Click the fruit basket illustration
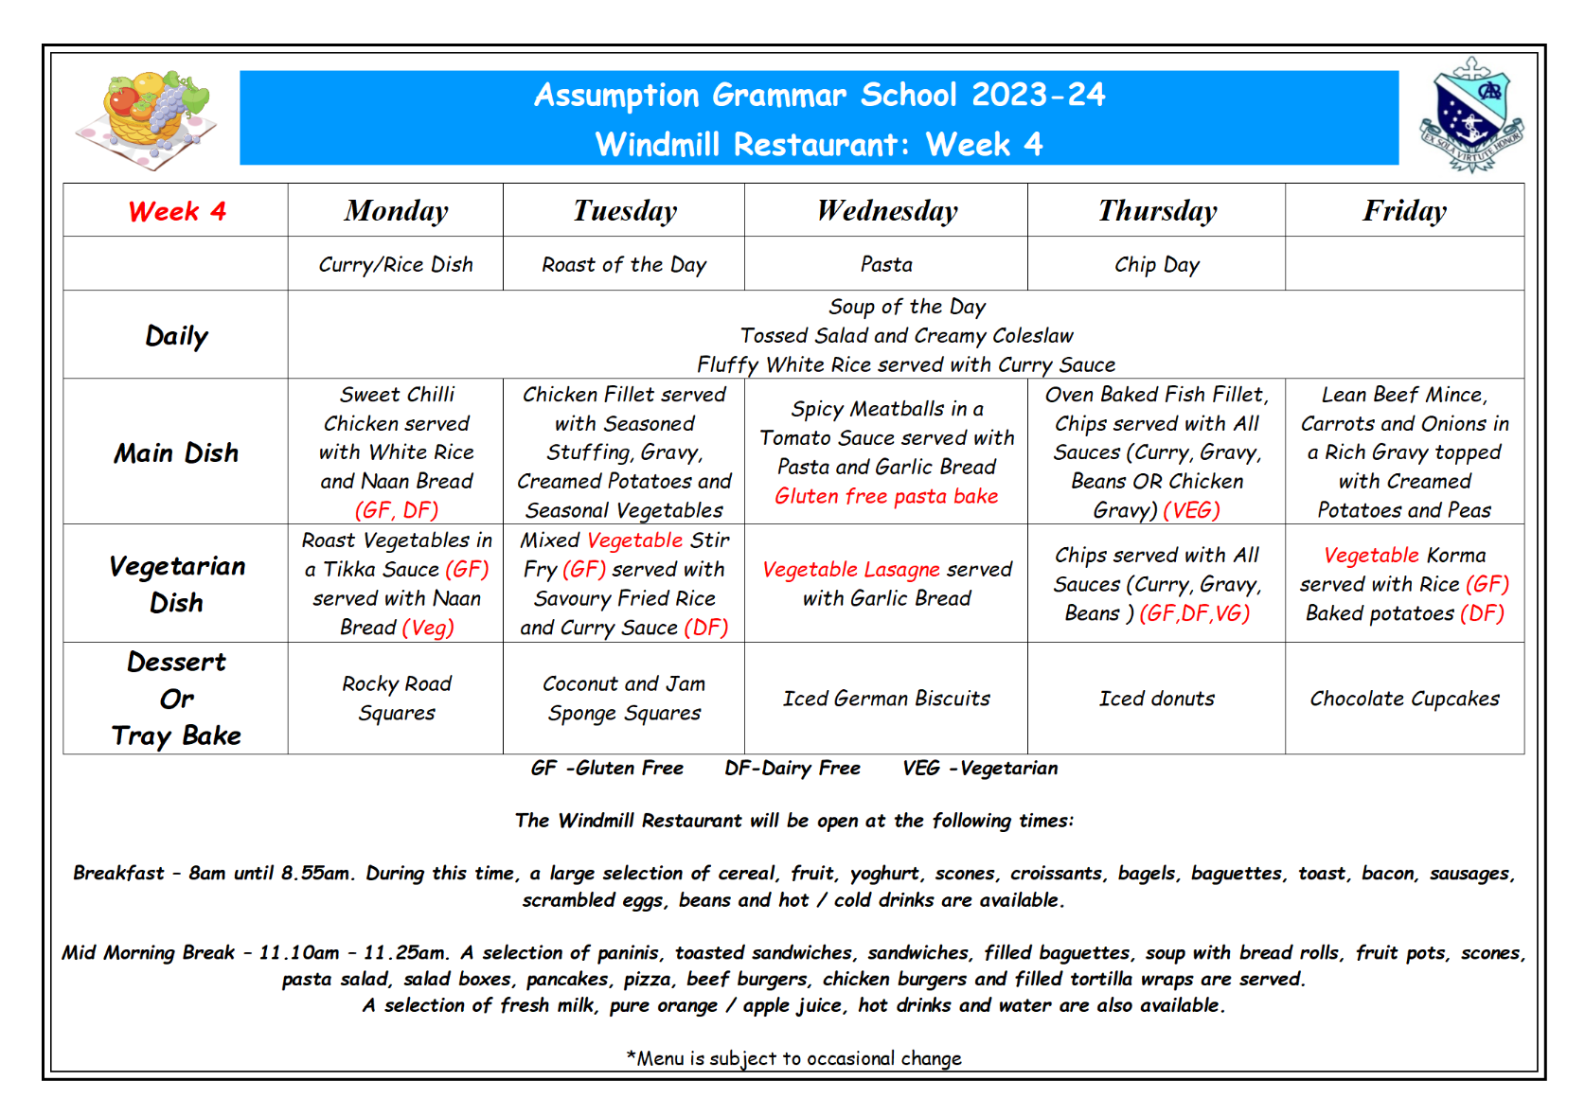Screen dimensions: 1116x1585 point(148,117)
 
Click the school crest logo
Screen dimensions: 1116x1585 point(1470,115)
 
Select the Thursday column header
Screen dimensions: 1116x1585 point(1157,211)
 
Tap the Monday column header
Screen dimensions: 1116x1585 point(396,211)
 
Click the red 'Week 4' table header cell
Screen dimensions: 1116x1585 point(177,211)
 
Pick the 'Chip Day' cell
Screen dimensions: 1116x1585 point(1156,265)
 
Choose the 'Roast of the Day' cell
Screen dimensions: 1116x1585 point(624,265)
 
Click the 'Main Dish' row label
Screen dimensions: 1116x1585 point(176,452)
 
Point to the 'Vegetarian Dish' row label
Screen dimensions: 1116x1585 point(176,584)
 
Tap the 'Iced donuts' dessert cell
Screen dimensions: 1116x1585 point(1156,699)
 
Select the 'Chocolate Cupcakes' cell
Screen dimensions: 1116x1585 point(1404,699)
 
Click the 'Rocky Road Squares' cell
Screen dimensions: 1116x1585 point(397,698)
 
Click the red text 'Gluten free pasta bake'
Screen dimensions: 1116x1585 point(886,496)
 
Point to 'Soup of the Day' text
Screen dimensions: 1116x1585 point(906,307)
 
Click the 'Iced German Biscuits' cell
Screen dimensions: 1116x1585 point(886,699)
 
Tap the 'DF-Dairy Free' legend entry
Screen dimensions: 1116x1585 point(792,768)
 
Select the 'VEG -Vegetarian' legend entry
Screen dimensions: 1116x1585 point(980,768)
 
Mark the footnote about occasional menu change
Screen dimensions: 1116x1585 point(793,1058)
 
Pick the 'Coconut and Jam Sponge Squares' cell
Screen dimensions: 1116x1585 point(624,698)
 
